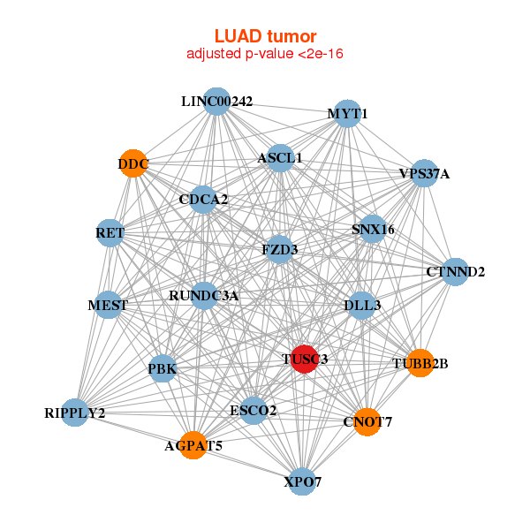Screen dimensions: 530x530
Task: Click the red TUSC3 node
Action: (x=304, y=359)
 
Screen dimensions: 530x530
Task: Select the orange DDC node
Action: (x=133, y=163)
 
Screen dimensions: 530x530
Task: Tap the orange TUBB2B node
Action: (x=420, y=362)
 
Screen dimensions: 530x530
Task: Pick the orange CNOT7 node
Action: (x=367, y=421)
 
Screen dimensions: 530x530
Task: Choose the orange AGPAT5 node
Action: (x=193, y=445)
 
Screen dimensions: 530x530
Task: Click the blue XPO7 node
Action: (x=302, y=481)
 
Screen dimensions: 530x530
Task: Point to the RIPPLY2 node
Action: (x=75, y=413)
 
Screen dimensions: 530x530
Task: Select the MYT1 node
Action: (x=347, y=114)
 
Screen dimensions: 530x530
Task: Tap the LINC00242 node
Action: (x=216, y=102)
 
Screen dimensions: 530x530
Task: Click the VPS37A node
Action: (x=424, y=173)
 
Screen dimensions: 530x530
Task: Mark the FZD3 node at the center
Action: (x=279, y=250)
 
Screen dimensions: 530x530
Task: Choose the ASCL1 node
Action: (x=280, y=158)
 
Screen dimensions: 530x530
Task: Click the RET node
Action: (x=110, y=233)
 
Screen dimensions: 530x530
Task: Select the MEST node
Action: (x=108, y=306)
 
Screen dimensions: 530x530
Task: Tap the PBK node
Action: (x=163, y=368)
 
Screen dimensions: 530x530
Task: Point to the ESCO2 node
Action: (x=254, y=411)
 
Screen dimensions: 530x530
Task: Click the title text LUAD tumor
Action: (x=265, y=36)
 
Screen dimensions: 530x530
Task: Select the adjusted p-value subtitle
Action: (x=265, y=54)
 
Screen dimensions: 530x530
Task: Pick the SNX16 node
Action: (x=373, y=230)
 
